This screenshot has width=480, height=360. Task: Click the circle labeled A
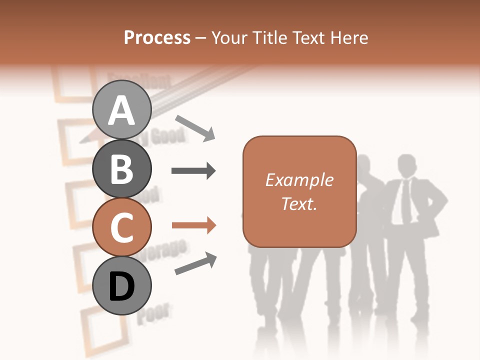(x=122, y=109)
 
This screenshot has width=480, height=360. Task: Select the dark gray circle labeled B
(x=122, y=169)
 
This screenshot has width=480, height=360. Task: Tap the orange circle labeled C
(x=122, y=227)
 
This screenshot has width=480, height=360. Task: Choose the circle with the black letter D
(x=122, y=286)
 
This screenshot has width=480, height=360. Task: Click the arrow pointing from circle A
(x=195, y=127)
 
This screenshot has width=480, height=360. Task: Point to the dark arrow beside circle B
(x=193, y=171)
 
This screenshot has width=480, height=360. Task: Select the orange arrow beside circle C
(x=193, y=225)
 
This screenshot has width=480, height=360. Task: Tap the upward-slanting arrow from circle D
(x=195, y=263)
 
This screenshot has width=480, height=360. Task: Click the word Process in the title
(x=157, y=38)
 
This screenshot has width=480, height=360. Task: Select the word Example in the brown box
(x=299, y=180)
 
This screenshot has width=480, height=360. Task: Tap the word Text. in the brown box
(x=299, y=203)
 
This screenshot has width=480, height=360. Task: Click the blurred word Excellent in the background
(x=139, y=80)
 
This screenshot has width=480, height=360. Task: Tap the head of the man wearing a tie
(x=407, y=165)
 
